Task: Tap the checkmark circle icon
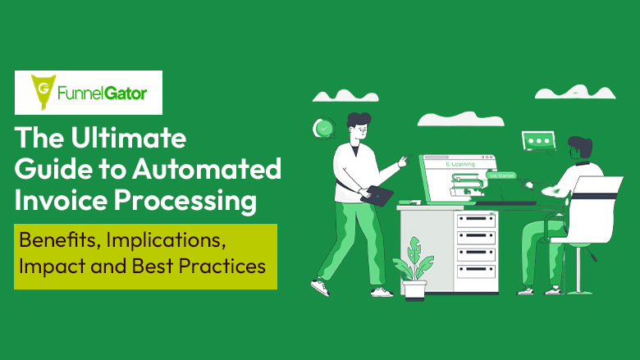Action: click(325, 129)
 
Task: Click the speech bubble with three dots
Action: click(539, 141)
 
